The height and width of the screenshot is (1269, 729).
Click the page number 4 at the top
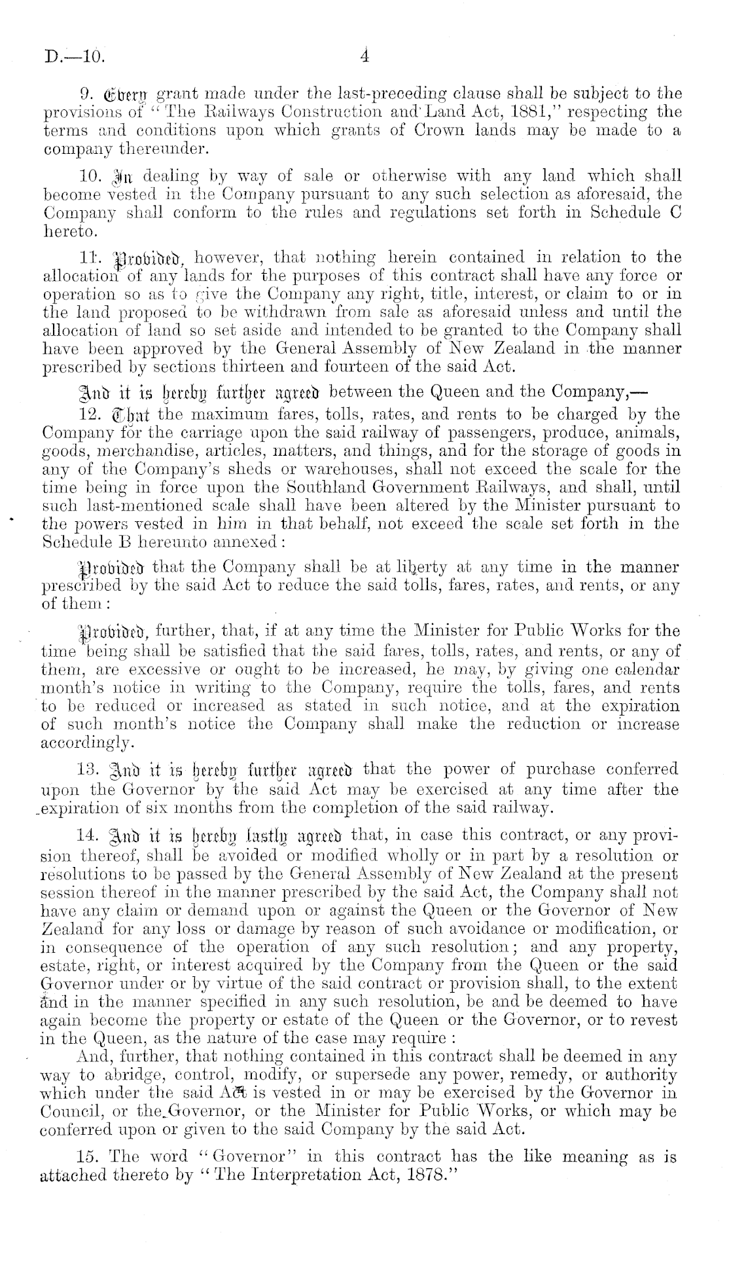coord(365,56)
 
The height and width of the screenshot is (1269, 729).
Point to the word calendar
coord(639,670)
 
